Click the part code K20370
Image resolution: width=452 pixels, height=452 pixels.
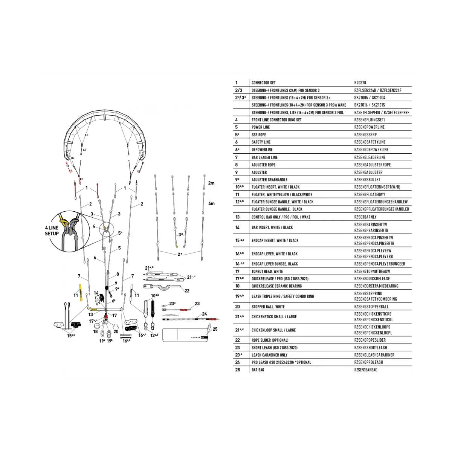click(360, 82)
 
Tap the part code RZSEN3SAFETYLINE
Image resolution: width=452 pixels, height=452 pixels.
click(370, 142)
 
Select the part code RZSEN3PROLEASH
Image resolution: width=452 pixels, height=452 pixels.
click(368, 362)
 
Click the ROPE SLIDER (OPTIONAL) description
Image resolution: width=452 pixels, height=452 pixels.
click(270, 340)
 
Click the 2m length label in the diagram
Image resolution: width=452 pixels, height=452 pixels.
click(211, 183)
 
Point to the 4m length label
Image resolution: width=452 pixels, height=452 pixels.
click(211, 204)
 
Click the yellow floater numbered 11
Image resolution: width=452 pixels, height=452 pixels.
click(81, 293)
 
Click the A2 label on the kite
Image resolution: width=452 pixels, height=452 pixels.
click(84, 150)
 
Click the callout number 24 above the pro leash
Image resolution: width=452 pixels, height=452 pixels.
click(204, 314)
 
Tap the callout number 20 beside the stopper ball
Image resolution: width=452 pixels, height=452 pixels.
click(116, 331)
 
